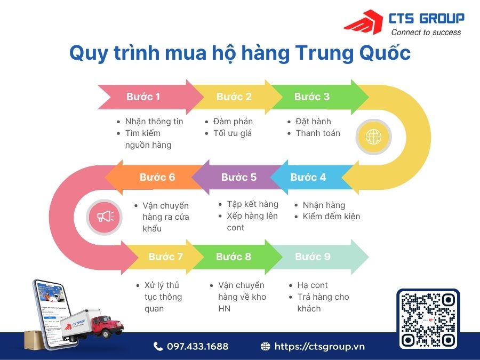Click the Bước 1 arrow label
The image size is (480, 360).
[x=143, y=97]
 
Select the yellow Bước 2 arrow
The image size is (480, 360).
[x=234, y=97]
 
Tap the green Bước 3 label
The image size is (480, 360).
[x=312, y=97]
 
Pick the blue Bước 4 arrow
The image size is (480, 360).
[x=308, y=177]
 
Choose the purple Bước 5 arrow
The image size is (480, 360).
[x=238, y=177]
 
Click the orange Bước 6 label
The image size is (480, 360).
[x=157, y=177]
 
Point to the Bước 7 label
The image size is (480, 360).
[x=165, y=257]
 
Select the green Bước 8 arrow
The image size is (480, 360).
[x=234, y=257]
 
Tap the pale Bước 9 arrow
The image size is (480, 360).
[x=313, y=257]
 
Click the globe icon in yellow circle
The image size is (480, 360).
[x=373, y=137]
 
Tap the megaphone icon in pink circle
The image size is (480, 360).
[x=105, y=216]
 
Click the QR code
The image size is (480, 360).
[x=428, y=319]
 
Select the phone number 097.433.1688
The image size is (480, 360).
[x=197, y=347]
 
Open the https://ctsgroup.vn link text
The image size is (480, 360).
[x=319, y=347]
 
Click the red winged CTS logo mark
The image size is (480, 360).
[x=364, y=23]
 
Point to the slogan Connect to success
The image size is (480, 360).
[x=426, y=33]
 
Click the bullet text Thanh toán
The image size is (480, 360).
[x=318, y=133]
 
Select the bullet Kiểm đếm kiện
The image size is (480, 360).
[x=331, y=216]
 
